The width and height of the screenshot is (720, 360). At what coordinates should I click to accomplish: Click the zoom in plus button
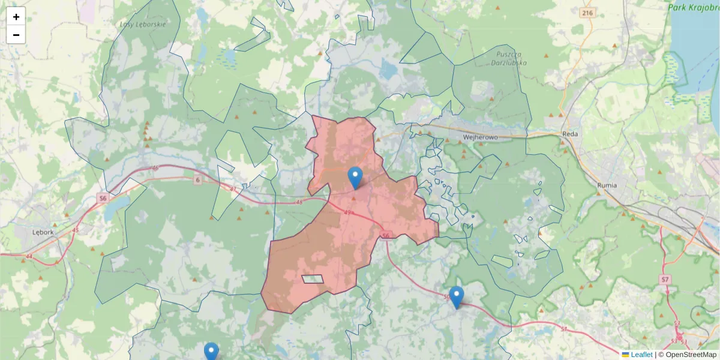point(16,17)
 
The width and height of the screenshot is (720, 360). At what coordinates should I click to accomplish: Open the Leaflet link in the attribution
point(641,355)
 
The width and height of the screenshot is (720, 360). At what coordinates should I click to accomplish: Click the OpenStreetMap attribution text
point(691,355)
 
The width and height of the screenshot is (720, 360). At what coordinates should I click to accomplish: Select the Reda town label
point(569,134)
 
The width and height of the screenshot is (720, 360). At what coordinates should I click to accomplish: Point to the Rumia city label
point(607,185)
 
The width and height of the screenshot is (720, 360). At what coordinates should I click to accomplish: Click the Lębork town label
point(43,232)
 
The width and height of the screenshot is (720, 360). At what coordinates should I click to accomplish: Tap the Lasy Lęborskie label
point(142,24)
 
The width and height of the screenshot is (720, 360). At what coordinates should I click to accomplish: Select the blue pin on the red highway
point(457,297)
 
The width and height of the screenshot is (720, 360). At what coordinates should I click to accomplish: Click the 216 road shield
point(587,13)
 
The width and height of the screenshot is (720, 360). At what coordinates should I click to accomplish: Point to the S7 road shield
point(665,280)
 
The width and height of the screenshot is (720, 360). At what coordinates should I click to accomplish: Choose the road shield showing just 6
point(197,179)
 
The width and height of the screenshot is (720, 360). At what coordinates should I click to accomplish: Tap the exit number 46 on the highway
point(156,168)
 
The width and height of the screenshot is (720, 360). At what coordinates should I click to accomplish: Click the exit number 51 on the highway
point(564,329)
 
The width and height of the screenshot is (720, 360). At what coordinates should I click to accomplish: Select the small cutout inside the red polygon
point(313,279)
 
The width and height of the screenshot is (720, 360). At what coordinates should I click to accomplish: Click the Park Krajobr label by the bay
point(694,7)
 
